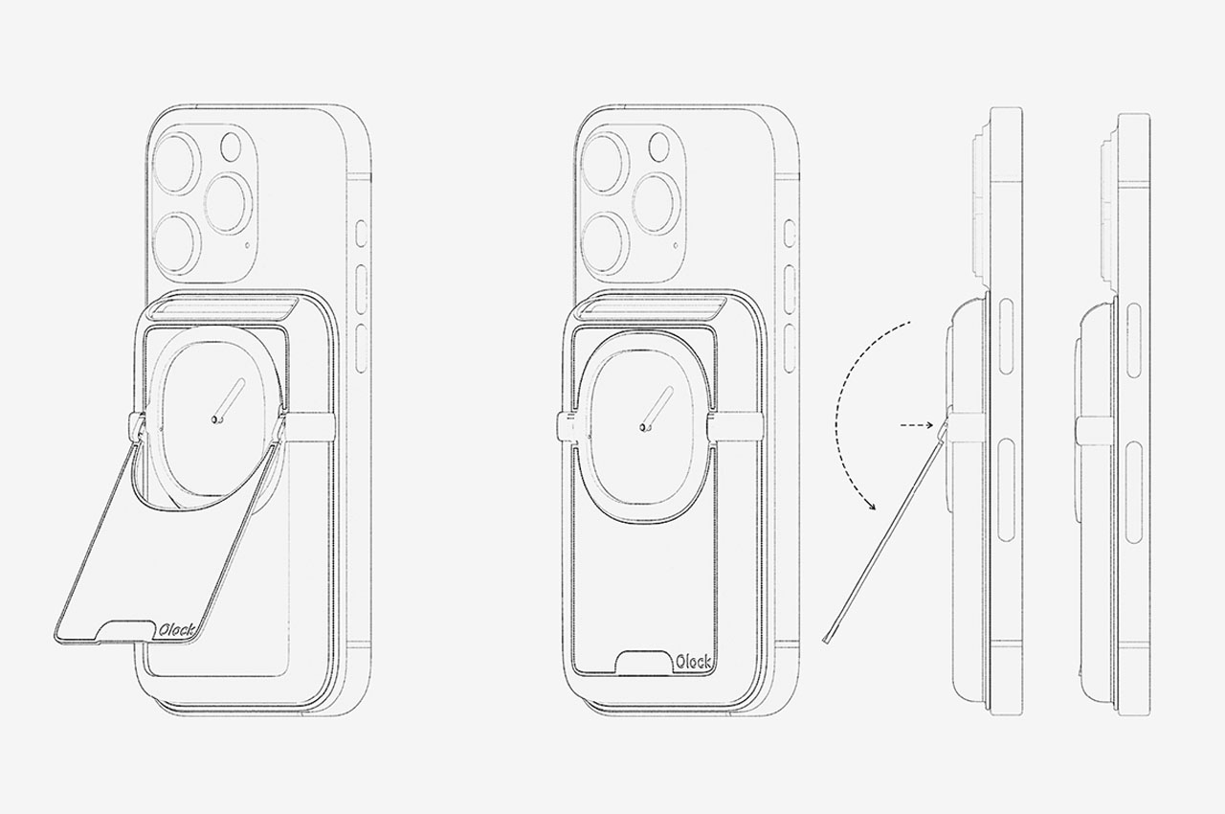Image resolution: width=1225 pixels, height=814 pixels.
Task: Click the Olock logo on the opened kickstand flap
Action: [177, 631]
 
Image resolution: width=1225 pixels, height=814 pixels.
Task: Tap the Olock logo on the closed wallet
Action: [694, 662]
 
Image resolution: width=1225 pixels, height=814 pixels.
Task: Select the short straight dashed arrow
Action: [917, 425]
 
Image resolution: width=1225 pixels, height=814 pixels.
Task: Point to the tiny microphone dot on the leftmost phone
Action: [248, 245]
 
